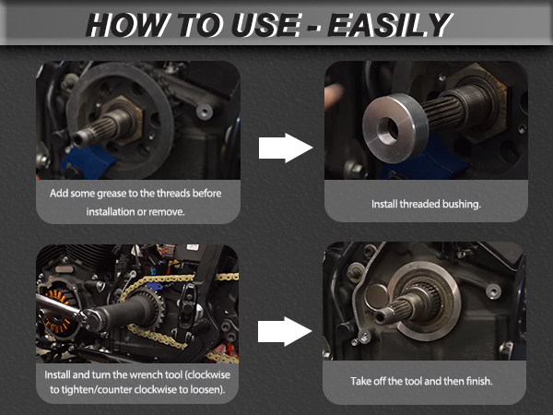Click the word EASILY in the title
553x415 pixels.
[x=390, y=25]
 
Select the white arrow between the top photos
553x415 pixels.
[x=286, y=148]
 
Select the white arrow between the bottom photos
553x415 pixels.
[x=285, y=331]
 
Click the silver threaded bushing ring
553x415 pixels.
[x=395, y=128]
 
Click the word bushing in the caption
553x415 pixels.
[x=462, y=204]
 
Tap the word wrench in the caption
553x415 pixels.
[x=143, y=374]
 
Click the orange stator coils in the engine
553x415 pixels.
[x=55, y=311]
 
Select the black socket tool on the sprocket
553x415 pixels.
[x=122, y=314]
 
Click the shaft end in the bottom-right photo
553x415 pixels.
[x=382, y=315]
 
